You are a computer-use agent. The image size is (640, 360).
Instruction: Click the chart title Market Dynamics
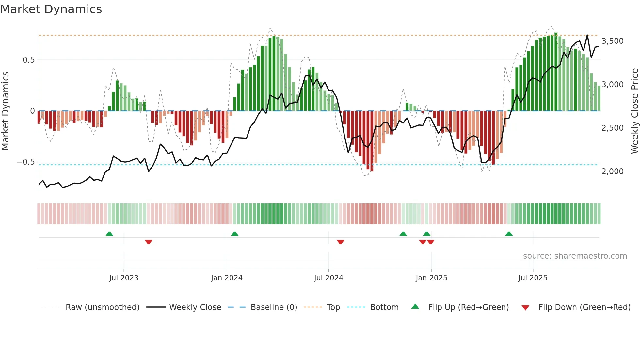point(51,9)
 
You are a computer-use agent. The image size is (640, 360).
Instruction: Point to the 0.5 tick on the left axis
point(28,60)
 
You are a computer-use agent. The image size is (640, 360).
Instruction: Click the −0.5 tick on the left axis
point(26,162)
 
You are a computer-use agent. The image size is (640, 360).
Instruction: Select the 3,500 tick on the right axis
point(612,41)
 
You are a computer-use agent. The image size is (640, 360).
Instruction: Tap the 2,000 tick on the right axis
point(612,172)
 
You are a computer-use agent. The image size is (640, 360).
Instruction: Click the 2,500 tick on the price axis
point(612,128)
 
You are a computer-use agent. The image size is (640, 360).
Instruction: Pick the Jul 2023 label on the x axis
point(124,278)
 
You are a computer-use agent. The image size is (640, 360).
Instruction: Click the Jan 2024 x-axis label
point(227,278)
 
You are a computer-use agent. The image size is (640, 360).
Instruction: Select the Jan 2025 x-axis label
point(431,278)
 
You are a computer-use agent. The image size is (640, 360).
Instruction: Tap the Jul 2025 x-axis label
point(533,278)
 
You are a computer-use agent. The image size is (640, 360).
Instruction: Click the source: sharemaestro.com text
point(575,256)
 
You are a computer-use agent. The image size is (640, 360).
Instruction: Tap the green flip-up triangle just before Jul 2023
point(109,234)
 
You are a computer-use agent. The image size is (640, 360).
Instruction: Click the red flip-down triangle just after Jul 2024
point(341,242)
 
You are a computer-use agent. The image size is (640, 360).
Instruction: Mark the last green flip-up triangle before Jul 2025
point(509,234)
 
